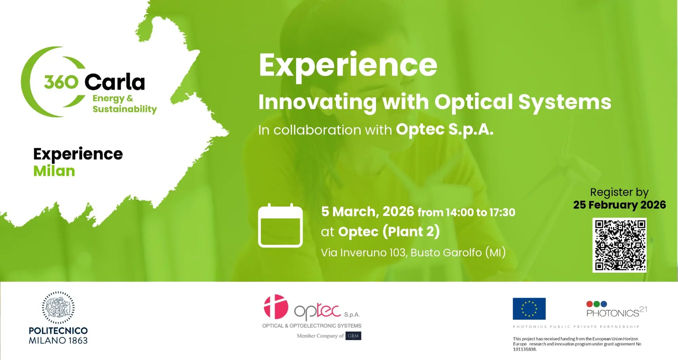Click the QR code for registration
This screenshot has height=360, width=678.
pyautogui.click(x=619, y=245)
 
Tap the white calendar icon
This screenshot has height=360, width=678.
pyautogui.click(x=280, y=225)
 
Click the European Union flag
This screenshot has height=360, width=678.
pyautogui.click(x=529, y=308)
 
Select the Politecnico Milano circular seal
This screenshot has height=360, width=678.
pyautogui.click(x=58, y=307)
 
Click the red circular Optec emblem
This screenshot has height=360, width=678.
pyautogui.click(x=276, y=306)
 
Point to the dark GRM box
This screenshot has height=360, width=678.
pyautogui.click(x=353, y=336)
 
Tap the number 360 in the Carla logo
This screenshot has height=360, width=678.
pyautogui.click(x=61, y=82)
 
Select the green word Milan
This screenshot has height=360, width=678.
pyautogui.click(x=54, y=171)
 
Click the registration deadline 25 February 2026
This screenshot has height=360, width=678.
pyautogui.click(x=619, y=205)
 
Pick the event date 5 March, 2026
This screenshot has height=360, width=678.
pyautogui.click(x=367, y=212)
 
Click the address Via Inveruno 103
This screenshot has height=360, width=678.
pyautogui.click(x=363, y=253)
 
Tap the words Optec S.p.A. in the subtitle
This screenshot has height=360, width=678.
pyautogui.click(x=444, y=129)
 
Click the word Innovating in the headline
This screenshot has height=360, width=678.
pyautogui.click(x=317, y=102)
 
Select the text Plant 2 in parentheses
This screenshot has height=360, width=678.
pyautogui.click(x=411, y=232)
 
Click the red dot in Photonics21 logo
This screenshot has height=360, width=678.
pyautogui.click(x=590, y=304)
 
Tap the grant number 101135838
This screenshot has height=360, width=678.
pyautogui.click(x=524, y=349)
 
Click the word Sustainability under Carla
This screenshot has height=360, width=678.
pyautogui.click(x=125, y=109)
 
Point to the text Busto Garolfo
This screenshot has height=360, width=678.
pyautogui.click(x=446, y=253)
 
